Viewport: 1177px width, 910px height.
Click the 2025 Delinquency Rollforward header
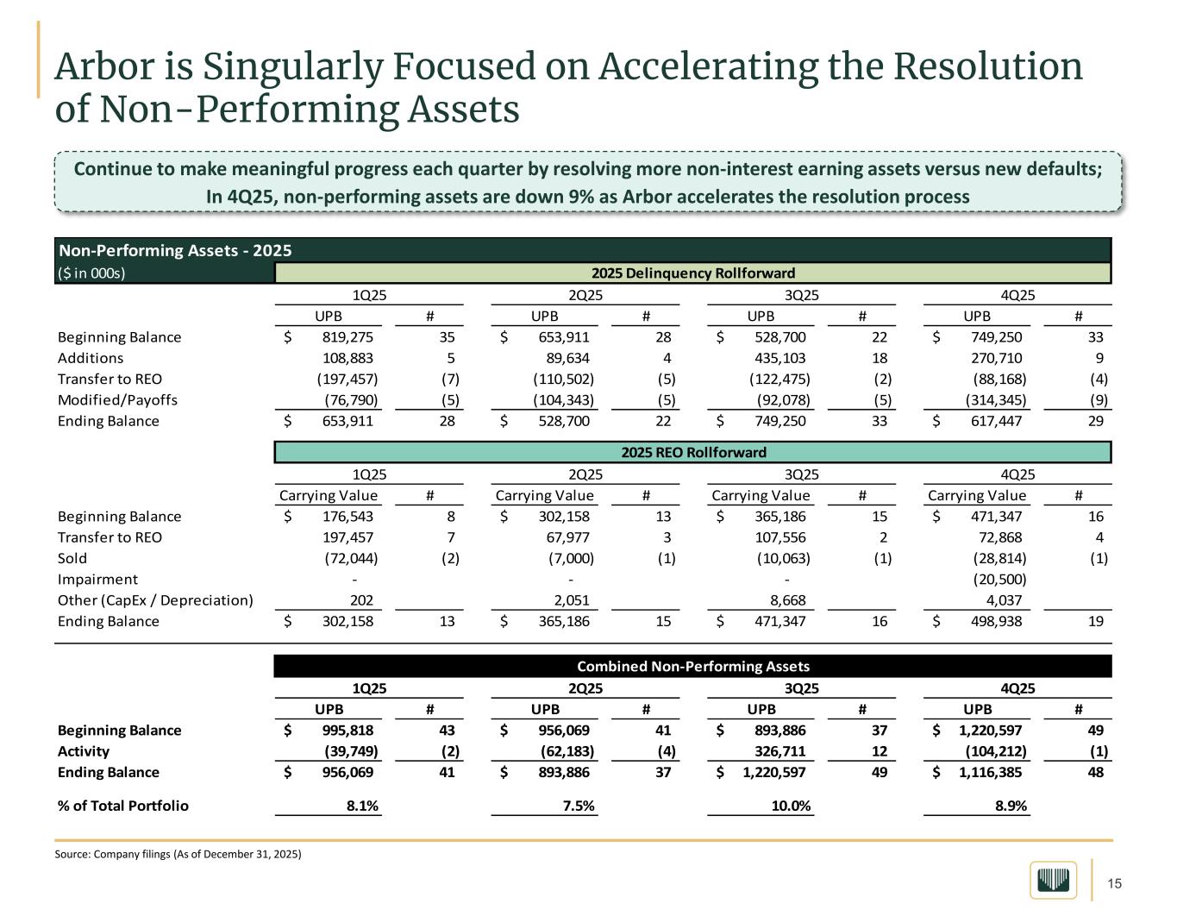click(x=692, y=273)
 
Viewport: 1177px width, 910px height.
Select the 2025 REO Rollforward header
click(x=692, y=452)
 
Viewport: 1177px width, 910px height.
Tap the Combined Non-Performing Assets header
click(x=692, y=666)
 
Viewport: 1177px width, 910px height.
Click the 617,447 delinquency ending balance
click(x=996, y=421)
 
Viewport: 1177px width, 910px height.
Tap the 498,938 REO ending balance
click(x=996, y=621)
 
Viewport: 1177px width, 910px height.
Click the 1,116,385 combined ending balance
click(x=990, y=772)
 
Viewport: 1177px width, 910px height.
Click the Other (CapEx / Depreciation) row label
click(x=155, y=600)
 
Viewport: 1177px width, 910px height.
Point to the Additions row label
click(x=91, y=358)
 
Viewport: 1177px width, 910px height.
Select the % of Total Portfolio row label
click(x=122, y=806)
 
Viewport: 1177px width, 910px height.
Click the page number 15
click(x=1114, y=883)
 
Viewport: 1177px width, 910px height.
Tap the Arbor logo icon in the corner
click(x=1053, y=880)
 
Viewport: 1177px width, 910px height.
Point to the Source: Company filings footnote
click(x=178, y=854)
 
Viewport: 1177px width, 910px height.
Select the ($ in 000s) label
click(x=92, y=273)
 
